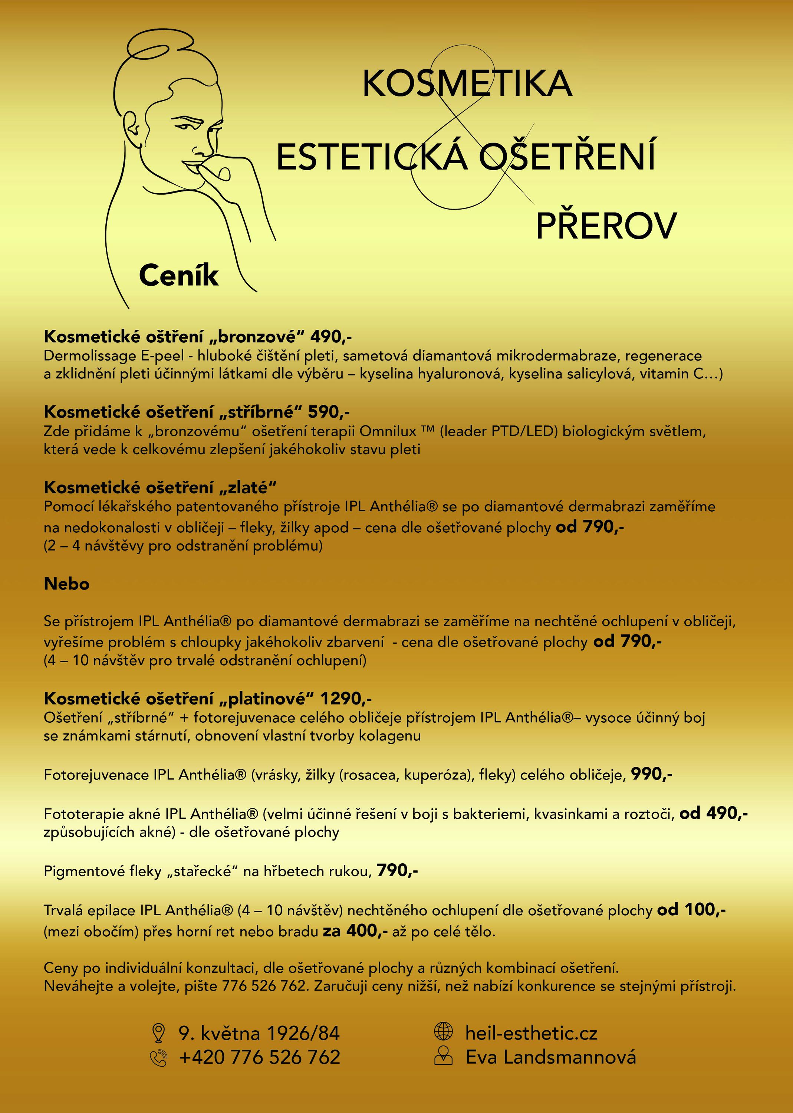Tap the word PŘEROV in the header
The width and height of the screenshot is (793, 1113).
[606, 226]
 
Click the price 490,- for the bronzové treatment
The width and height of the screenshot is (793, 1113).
[331, 336]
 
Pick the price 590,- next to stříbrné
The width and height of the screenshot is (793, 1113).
[329, 412]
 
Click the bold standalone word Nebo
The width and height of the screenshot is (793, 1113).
[66, 584]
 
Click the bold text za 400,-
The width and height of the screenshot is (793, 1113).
[355, 931]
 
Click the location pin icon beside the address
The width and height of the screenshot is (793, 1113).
[158, 1033]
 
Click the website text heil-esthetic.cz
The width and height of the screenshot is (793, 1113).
[531, 1033]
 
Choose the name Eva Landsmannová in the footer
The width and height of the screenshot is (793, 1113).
[550, 1057]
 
